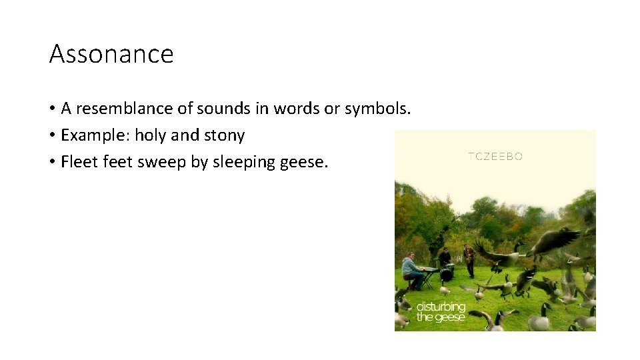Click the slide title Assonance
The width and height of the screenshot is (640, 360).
click(111, 54)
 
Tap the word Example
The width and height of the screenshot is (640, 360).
click(94, 135)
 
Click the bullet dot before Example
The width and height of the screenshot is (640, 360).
click(52, 136)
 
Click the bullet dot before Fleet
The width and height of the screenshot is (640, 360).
click(52, 163)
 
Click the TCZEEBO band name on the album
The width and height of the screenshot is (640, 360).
click(495, 157)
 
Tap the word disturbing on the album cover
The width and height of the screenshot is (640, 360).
click(441, 307)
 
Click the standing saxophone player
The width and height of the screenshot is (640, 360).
click(469, 260)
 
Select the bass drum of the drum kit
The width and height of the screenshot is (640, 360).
click(447, 274)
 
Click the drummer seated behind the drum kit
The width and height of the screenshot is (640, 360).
click(445, 258)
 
